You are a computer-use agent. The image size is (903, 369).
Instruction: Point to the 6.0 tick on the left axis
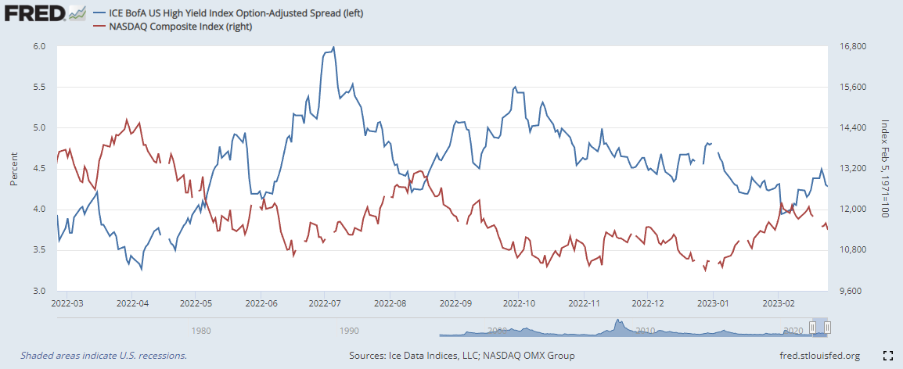(x=40, y=47)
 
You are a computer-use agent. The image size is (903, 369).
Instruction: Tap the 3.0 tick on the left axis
(x=40, y=291)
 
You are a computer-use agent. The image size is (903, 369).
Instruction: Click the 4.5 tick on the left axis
(x=40, y=169)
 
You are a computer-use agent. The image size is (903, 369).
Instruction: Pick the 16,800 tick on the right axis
(x=850, y=47)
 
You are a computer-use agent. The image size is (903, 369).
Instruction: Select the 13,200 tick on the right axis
(x=850, y=169)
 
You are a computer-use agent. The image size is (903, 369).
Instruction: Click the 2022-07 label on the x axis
(x=324, y=303)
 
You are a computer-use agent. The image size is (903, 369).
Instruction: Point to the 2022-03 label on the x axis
(x=67, y=303)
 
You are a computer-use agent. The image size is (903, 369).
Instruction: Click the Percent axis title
(x=14, y=169)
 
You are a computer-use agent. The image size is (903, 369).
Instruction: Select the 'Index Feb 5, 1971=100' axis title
(x=886, y=169)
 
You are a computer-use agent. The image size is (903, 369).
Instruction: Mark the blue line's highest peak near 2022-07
(x=334, y=48)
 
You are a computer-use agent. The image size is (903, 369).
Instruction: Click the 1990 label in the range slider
(x=349, y=330)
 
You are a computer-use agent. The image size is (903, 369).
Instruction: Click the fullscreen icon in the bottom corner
(x=887, y=356)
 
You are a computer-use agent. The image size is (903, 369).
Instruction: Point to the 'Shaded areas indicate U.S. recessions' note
(x=103, y=356)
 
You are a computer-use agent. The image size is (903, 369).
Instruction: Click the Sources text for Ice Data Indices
(x=462, y=356)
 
